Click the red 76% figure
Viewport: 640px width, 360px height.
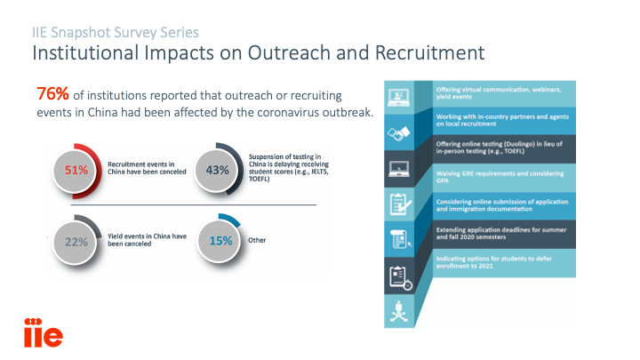[x=52, y=94]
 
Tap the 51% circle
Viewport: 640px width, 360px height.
[x=76, y=171]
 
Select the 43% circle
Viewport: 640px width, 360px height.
[x=217, y=170]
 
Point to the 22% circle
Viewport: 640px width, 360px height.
[x=76, y=242]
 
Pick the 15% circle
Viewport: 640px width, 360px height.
[x=220, y=241]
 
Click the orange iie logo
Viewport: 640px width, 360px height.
[x=44, y=332]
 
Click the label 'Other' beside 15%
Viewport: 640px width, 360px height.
[x=257, y=240]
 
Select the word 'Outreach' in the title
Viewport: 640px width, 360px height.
[x=289, y=53]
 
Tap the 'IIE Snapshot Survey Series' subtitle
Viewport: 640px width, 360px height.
[x=116, y=32]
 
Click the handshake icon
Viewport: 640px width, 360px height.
[x=398, y=133]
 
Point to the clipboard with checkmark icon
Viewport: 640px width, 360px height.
[x=400, y=204]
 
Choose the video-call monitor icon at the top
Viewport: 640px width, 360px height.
[x=398, y=98]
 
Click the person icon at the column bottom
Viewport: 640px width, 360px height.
[x=399, y=311]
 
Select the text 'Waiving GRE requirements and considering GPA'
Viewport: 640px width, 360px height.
[x=500, y=177]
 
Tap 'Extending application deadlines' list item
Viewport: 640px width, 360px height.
[x=500, y=233]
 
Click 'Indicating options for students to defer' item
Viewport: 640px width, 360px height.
[x=493, y=262]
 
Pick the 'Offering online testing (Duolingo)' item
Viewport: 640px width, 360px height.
[x=499, y=148]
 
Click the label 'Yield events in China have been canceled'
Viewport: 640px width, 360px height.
[x=147, y=240]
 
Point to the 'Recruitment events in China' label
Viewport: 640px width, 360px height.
[x=147, y=168]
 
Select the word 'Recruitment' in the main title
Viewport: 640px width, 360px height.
[x=430, y=53]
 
